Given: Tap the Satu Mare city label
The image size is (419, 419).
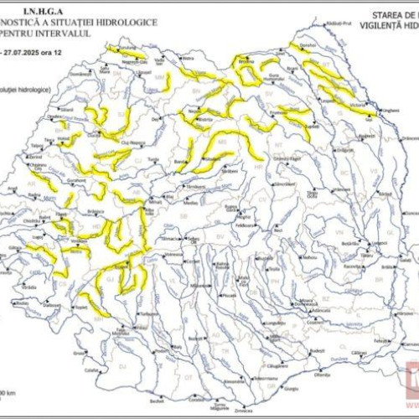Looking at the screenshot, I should [x=91, y=69].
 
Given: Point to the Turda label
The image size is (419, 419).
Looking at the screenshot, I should [x=153, y=158].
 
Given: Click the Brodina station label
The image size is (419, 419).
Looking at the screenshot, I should [x=246, y=61].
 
